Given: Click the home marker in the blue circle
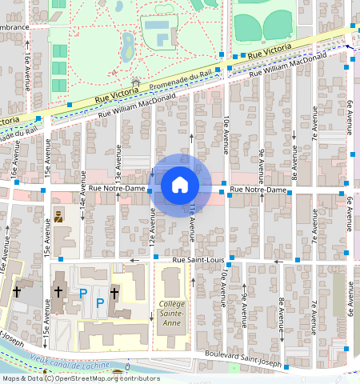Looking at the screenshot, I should [180, 185].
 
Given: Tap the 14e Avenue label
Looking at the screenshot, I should [82, 214].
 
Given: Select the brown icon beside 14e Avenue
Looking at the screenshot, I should [58, 216].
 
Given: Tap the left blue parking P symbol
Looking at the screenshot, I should [83, 294].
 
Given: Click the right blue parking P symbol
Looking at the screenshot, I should [101, 302].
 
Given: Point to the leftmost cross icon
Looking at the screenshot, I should [16, 293].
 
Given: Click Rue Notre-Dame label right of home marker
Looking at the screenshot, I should [258, 190].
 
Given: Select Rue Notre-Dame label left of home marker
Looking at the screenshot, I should [117, 189].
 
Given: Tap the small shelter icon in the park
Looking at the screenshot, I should [135, 82].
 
